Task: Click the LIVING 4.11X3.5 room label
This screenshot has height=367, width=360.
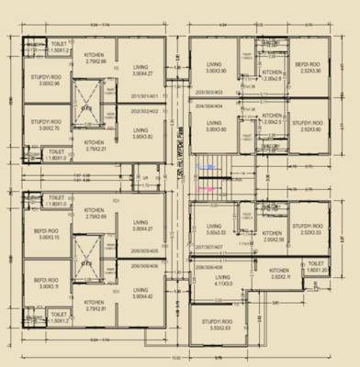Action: pyautogui.click(x=213, y=282)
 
